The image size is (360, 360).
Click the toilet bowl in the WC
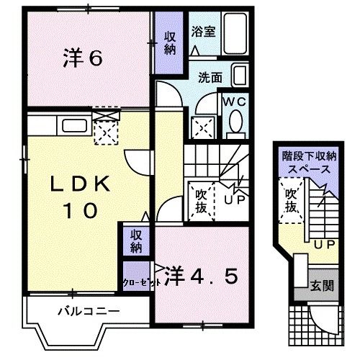point(235,125)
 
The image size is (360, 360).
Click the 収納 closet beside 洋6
point(170,44)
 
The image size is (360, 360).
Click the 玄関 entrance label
point(323,286)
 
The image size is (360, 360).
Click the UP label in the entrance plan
point(323,244)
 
